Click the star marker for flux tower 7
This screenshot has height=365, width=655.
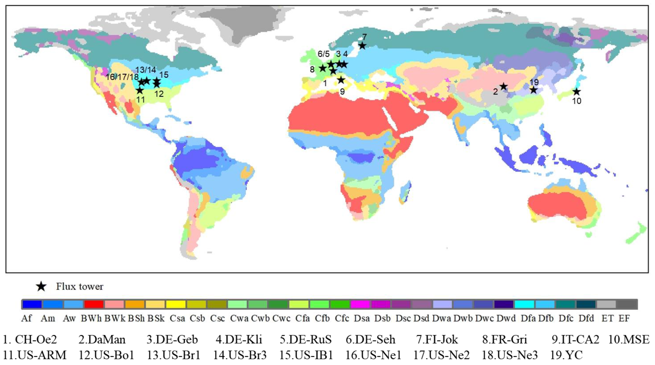[x=362, y=46]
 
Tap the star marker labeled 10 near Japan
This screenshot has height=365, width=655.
[x=576, y=91]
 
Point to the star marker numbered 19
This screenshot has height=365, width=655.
[x=533, y=90]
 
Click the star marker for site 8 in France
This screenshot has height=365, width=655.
[x=322, y=68]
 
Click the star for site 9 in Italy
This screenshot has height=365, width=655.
[x=341, y=80]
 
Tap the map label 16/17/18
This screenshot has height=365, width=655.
[x=122, y=77]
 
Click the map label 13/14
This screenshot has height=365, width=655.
[x=145, y=70]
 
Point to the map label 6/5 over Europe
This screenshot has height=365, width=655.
[x=323, y=54]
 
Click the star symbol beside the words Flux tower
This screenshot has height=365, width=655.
[x=41, y=286]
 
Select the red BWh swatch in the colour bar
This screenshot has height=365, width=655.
[x=94, y=304]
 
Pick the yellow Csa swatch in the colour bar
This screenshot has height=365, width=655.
[x=176, y=304]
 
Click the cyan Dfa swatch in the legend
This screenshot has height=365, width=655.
[x=524, y=304]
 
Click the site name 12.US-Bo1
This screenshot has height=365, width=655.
[x=106, y=355]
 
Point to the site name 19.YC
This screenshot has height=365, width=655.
[x=566, y=355]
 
